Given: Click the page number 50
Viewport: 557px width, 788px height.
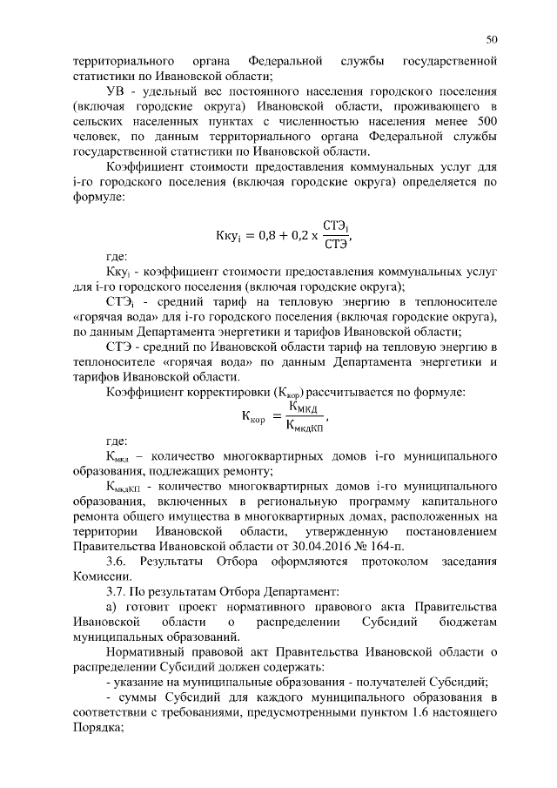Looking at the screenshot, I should click(x=492, y=40).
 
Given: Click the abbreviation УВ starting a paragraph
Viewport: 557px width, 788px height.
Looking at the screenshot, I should click(x=116, y=90).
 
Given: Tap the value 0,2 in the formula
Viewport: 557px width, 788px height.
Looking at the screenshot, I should click(x=296, y=236).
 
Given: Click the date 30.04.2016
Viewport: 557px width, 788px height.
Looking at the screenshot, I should click(x=310, y=547).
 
